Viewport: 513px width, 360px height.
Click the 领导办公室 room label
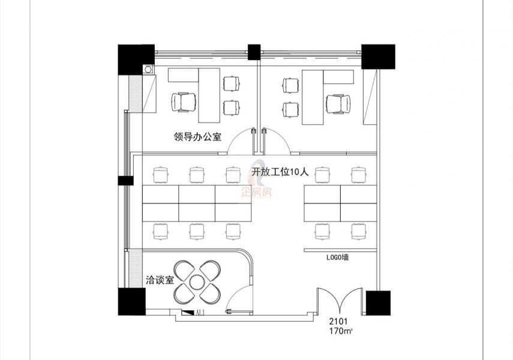(197, 137)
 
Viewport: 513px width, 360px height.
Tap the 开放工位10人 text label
(280, 172)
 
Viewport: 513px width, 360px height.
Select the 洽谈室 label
(159, 280)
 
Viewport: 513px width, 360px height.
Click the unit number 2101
(339, 322)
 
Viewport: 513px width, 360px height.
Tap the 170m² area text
(340, 331)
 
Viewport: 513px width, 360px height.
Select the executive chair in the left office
(184, 101)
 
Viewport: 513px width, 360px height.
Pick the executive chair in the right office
(338, 103)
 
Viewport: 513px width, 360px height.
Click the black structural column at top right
(379, 56)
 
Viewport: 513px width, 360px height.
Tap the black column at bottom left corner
(131, 302)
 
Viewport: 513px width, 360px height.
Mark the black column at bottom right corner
(378, 303)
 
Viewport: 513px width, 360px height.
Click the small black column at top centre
(254, 52)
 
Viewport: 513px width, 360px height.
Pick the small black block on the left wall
(126, 180)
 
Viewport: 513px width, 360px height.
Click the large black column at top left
(136, 59)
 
